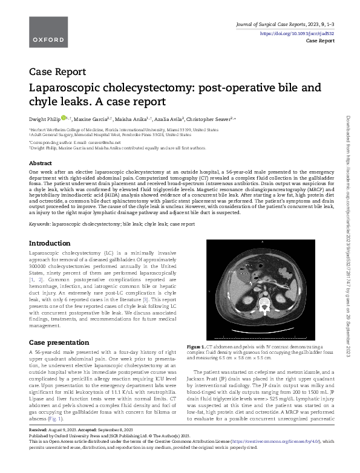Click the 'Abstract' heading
[x=41, y=163]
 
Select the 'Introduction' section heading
[x=50, y=243]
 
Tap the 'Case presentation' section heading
[x=59, y=342]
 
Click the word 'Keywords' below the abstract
[x=39, y=223]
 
